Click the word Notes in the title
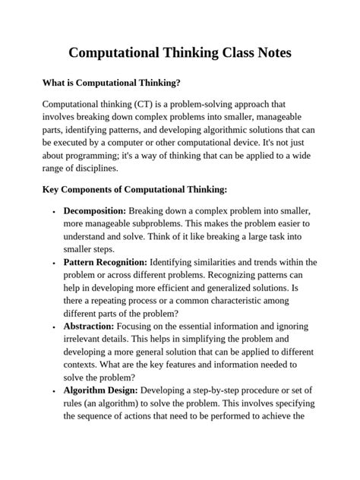[x=268, y=54]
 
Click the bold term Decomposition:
[x=95, y=210]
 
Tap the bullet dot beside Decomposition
[x=53, y=211]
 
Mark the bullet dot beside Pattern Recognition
[x=53, y=263]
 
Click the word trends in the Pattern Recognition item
[x=270, y=262]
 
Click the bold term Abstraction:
[x=90, y=327]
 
